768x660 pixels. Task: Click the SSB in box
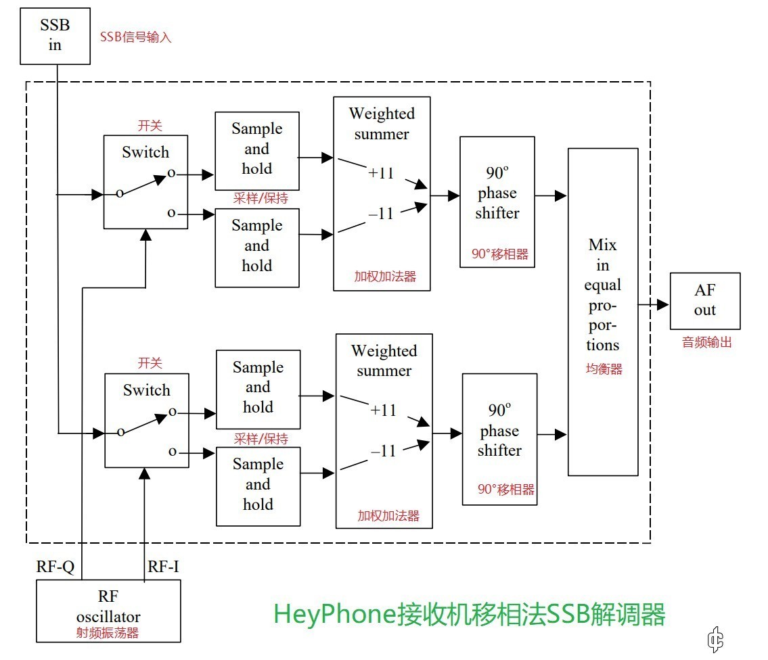coord(55,36)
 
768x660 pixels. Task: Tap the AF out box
coord(704,301)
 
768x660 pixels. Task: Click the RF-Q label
coord(55,567)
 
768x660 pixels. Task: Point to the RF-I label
coord(163,567)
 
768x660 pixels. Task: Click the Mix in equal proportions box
coord(602,312)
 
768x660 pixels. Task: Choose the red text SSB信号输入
coord(136,37)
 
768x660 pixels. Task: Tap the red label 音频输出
coord(707,342)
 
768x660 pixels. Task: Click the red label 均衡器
coord(604,369)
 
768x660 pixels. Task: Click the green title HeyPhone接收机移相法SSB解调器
coord(470,614)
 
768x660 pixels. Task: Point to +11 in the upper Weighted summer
coord(381,172)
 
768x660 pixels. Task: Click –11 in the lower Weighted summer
coord(383,451)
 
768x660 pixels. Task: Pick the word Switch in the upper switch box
coord(145,152)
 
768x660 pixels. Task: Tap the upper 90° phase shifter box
coord(497,202)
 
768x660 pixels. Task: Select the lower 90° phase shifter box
coord(499,439)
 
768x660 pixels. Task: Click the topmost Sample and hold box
coord(256,151)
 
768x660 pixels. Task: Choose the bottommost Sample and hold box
coord(258,486)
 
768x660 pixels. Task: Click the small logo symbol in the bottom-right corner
coord(715,638)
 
